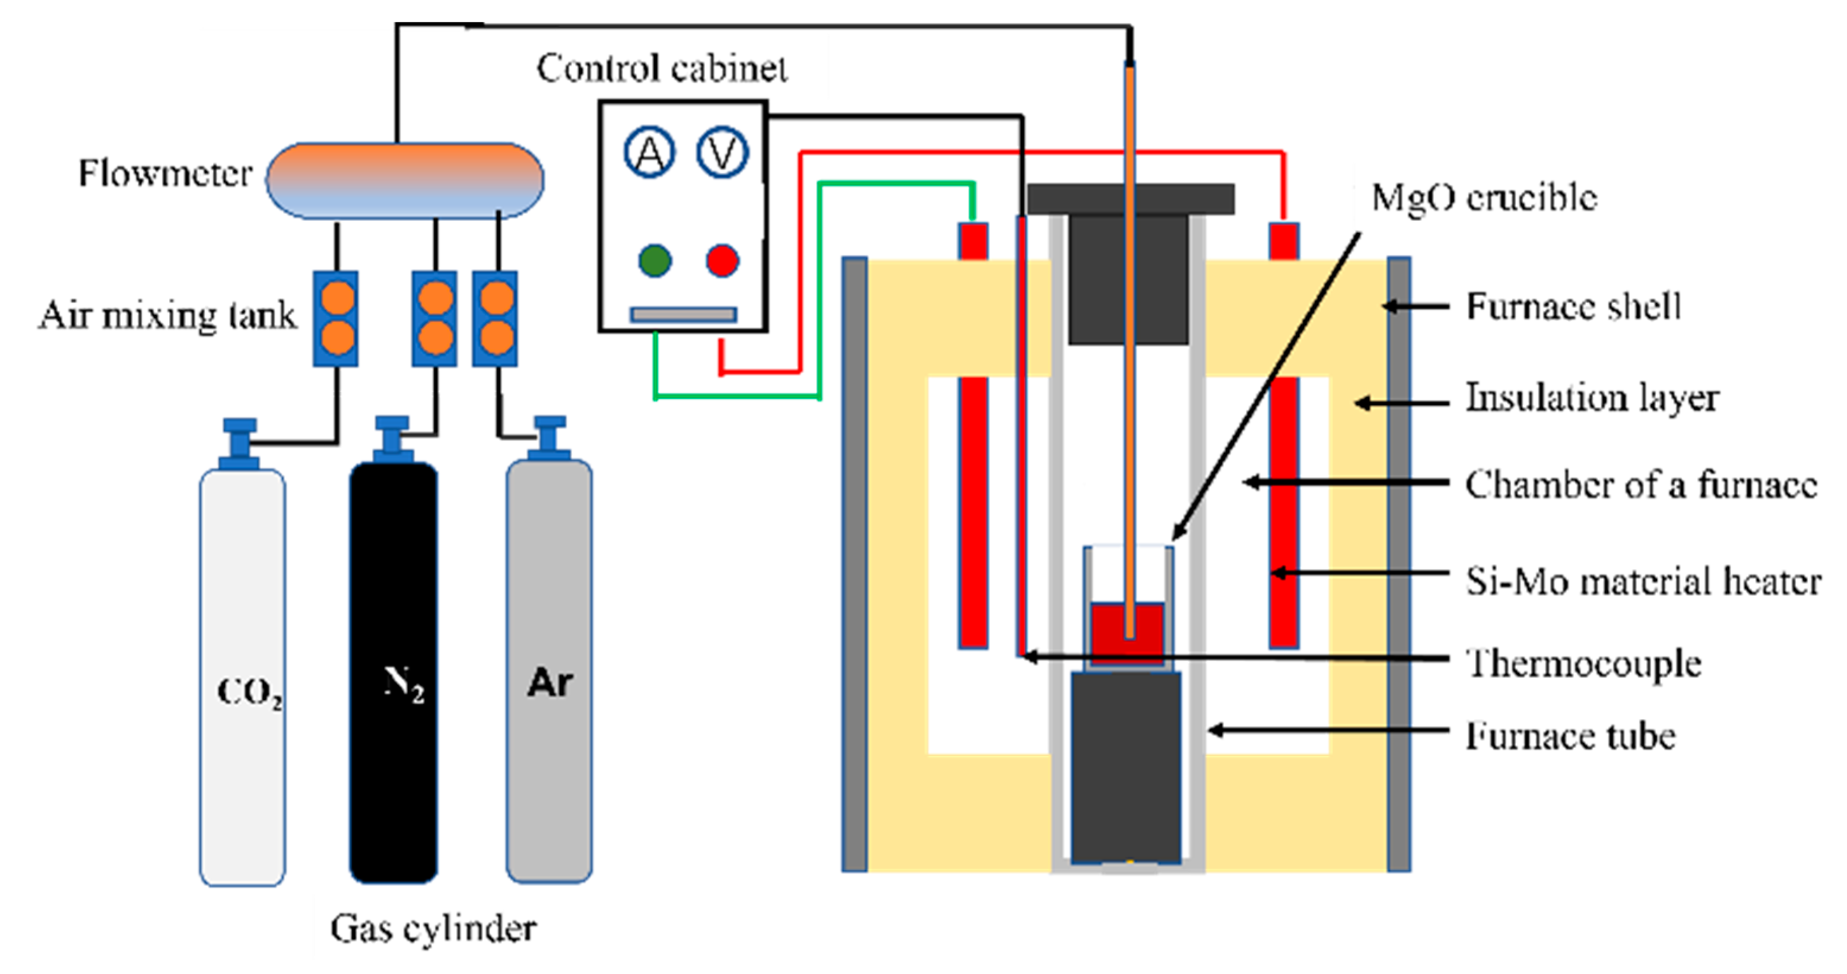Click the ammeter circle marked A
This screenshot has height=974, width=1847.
[650, 153]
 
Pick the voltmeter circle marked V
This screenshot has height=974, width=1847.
[722, 153]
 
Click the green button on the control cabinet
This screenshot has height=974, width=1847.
[655, 260]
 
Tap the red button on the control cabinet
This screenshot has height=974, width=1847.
[722, 260]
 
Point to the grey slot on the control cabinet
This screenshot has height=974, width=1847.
[683, 314]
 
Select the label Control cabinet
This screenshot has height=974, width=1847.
[661, 69]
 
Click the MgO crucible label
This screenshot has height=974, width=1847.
[1484, 197]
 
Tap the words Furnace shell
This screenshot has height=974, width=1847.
[1572, 306]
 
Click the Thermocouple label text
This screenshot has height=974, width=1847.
[1583, 663]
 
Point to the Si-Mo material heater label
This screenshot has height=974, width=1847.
[1642, 581]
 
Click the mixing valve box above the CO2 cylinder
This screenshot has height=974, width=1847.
[335, 318]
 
